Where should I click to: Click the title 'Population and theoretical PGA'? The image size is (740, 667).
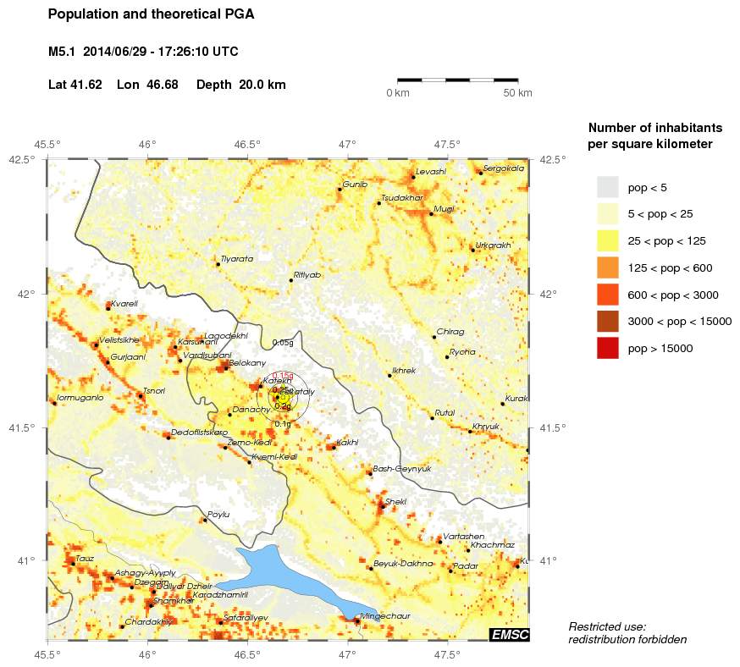click(151, 14)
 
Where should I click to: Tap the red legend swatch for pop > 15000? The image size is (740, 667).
click(607, 348)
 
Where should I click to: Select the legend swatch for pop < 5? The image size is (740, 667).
click(607, 187)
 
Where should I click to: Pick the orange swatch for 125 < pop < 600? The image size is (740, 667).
click(607, 267)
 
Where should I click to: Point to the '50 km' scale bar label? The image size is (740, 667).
click(517, 92)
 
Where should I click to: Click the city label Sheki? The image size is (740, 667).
click(395, 502)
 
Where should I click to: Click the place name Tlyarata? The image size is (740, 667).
click(236, 259)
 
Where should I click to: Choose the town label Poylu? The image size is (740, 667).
click(218, 514)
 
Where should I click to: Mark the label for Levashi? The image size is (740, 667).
click(430, 172)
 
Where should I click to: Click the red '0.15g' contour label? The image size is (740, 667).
click(283, 375)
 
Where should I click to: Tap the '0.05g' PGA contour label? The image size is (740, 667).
click(283, 343)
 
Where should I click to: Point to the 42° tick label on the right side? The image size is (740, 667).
click(549, 294)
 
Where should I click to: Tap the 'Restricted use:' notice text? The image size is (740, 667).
click(607, 626)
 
